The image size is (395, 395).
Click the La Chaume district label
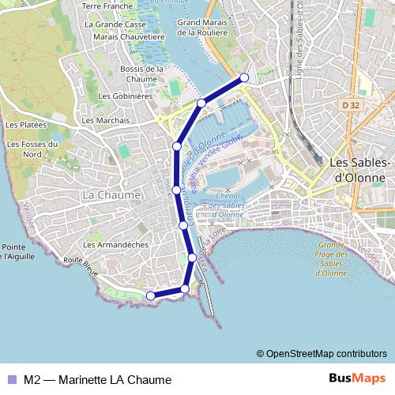[111, 194]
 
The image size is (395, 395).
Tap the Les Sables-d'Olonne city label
[359, 170]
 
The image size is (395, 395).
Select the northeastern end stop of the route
[244, 77]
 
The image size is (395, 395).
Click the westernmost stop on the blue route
[150, 295]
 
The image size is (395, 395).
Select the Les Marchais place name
[105, 120]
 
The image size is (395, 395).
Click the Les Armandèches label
[115, 245]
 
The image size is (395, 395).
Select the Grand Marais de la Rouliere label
[209, 28]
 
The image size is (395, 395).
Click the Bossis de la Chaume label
[130, 73]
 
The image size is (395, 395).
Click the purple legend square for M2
[12, 379]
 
